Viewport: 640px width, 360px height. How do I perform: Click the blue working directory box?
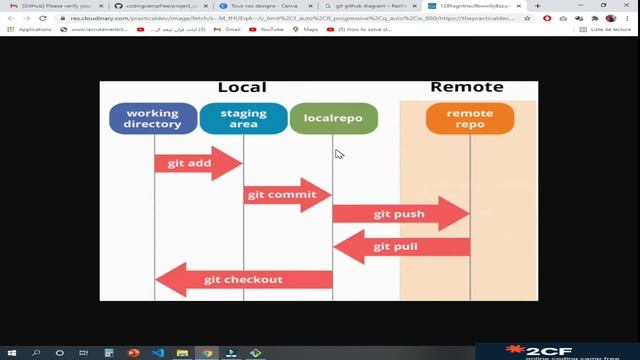(x=152, y=119)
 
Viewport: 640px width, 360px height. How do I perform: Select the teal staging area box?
(x=243, y=119)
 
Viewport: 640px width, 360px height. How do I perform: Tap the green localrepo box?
(x=333, y=119)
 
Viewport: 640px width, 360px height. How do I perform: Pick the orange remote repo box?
(x=469, y=119)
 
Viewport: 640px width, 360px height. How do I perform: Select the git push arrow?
(x=400, y=214)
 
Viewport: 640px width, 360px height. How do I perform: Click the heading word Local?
(x=242, y=88)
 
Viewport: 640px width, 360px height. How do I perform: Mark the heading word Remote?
(x=466, y=87)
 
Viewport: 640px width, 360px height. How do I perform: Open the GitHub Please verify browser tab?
(x=55, y=6)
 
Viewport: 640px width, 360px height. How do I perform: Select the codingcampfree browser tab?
(x=160, y=6)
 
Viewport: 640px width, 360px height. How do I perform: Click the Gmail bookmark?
(x=231, y=30)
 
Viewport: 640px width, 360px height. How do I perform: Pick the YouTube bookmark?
(x=270, y=30)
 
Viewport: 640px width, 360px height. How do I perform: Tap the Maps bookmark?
(x=309, y=30)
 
